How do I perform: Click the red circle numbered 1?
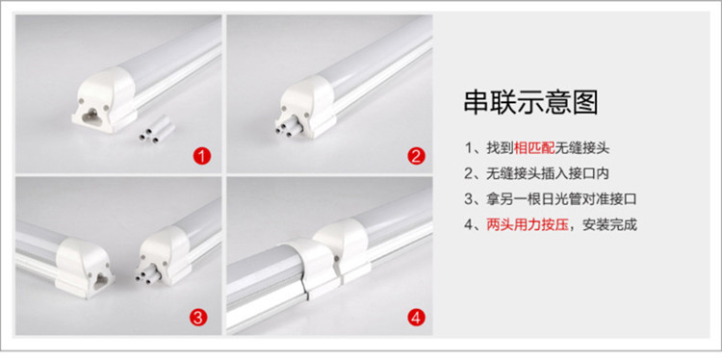202,157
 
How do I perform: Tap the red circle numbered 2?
416,157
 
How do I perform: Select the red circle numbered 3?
197,318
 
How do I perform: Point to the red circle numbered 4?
416,318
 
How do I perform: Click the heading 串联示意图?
530,103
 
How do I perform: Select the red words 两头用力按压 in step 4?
528,225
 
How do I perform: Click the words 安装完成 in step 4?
609,225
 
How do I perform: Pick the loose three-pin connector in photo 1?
157,129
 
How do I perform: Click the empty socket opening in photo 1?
92,116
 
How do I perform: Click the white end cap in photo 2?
308,105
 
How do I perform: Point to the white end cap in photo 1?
104,99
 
